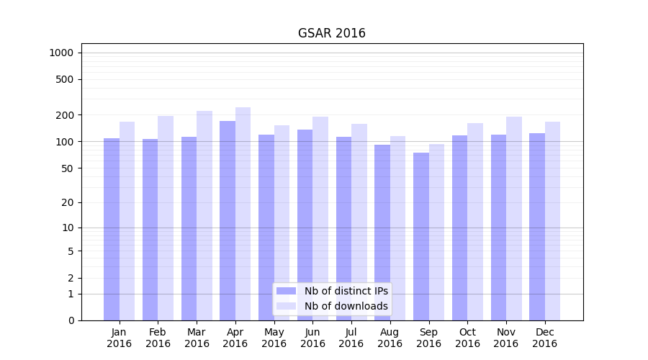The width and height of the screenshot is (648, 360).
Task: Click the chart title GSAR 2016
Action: [x=331, y=34]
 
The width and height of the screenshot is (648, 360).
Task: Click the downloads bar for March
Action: [x=204, y=215]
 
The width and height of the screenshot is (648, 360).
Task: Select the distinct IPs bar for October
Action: [x=460, y=228]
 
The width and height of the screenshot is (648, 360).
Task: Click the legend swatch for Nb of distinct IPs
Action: [x=286, y=291]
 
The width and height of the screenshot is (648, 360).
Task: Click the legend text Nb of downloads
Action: [x=346, y=306]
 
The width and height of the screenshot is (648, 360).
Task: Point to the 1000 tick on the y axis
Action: [x=61, y=53]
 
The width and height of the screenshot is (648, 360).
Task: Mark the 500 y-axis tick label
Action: [x=65, y=79]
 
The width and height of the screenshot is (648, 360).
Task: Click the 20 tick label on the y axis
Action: [x=68, y=202]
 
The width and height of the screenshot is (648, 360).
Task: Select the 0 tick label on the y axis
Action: [x=71, y=320]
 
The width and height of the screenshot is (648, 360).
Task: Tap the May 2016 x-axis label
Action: [x=274, y=338]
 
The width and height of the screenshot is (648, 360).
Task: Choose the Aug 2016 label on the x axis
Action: [x=390, y=338]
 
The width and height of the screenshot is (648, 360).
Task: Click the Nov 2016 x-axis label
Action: [x=506, y=338]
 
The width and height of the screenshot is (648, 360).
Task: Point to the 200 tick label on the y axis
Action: [x=65, y=115]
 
